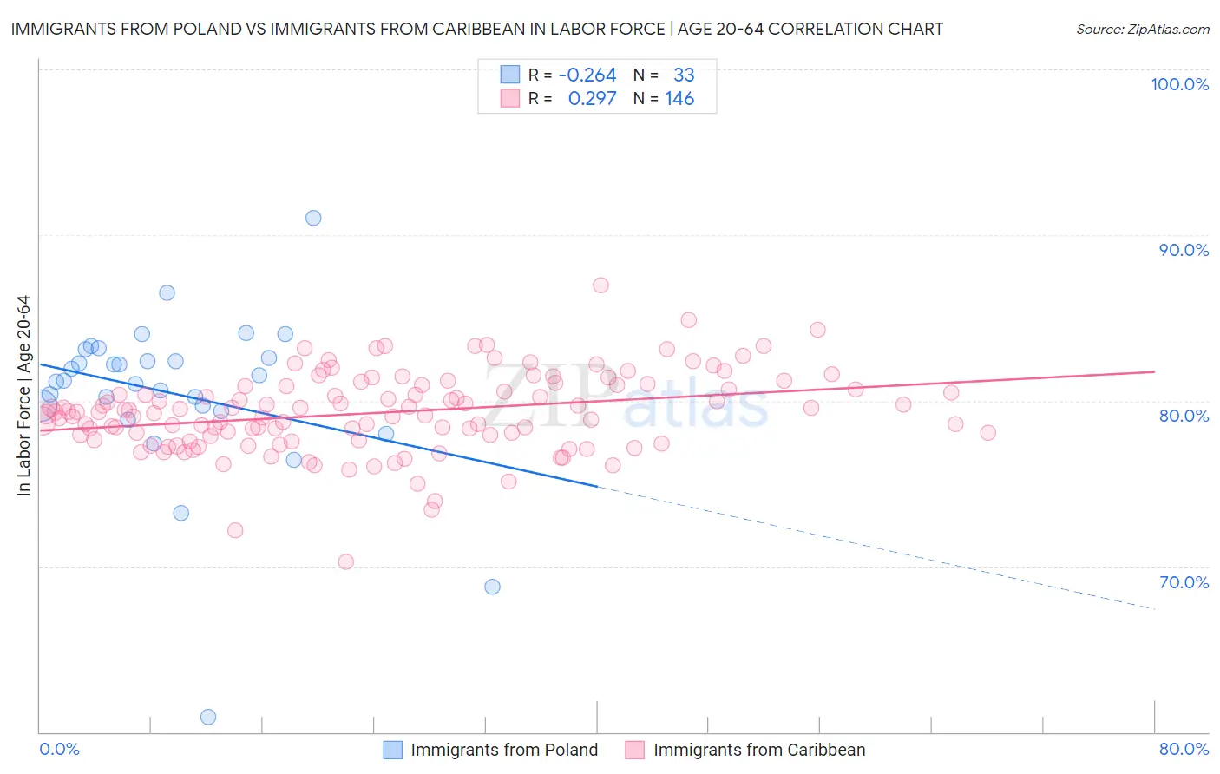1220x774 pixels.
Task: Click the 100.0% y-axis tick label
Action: pos(1179,84)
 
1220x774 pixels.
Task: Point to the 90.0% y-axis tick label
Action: pos(1184,250)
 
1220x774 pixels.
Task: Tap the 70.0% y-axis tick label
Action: pos(1184,582)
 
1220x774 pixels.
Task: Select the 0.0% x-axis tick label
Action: pos(59,749)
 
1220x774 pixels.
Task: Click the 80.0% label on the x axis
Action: pos(1184,749)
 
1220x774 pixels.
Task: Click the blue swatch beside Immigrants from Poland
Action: pos(393,750)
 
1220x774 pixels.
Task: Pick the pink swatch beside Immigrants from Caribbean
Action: pos(635,750)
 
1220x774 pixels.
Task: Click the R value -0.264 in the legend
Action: pos(587,75)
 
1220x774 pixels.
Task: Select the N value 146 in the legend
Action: pos(679,99)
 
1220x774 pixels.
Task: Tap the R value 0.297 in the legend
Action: pos(592,99)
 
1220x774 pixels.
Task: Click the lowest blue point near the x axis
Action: pos(208,717)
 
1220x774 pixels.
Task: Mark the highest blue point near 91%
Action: pos(313,218)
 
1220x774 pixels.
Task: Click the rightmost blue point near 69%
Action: pos(492,587)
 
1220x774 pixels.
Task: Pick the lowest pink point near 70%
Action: pos(345,561)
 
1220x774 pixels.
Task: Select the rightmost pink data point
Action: pos(987,433)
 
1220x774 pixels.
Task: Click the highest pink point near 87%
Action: pos(600,285)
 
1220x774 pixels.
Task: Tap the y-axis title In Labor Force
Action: pos(23,396)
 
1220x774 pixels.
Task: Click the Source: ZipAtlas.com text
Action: pos(1142,30)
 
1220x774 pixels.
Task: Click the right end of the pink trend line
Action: pos(1154,371)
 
